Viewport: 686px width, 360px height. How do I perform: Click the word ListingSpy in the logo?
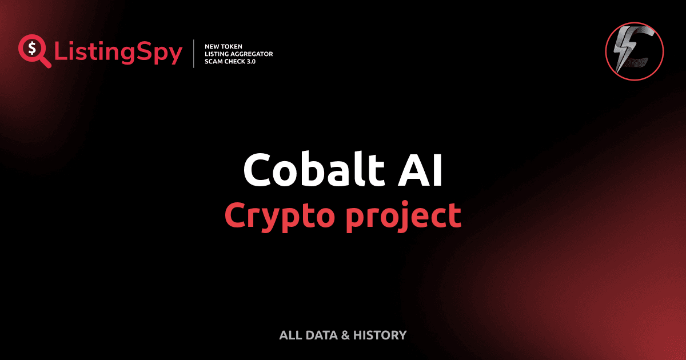pyautogui.click(x=118, y=53)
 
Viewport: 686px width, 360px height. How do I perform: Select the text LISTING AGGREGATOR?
pyautogui.click(x=238, y=54)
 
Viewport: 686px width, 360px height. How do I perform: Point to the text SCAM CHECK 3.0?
pyautogui.click(x=230, y=61)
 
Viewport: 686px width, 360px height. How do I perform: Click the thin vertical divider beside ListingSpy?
pyautogui.click(x=194, y=54)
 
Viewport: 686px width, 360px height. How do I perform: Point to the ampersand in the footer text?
pyautogui.click(x=345, y=335)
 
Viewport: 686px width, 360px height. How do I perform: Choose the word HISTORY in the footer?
pyautogui.click(x=380, y=335)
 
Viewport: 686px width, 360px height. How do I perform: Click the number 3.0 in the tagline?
pyautogui.click(x=250, y=61)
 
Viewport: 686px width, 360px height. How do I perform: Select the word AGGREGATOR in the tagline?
pyautogui.click(x=252, y=54)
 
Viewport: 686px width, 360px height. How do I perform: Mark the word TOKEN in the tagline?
pyautogui.click(x=232, y=46)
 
